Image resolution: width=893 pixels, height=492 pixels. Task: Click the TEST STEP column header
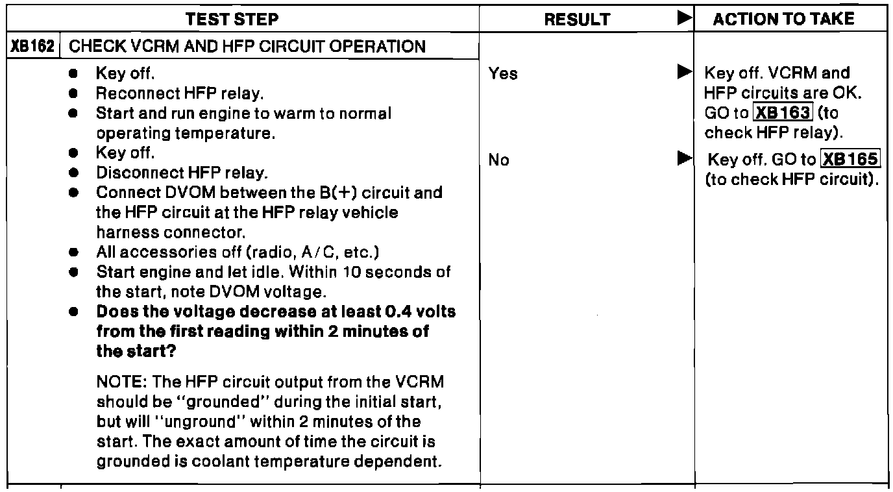(x=241, y=19)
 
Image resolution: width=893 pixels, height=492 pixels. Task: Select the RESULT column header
(x=577, y=20)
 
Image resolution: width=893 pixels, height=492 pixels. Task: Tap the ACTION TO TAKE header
(x=784, y=19)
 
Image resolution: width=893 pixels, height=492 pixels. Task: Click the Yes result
(x=504, y=74)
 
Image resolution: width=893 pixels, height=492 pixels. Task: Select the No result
(x=500, y=160)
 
